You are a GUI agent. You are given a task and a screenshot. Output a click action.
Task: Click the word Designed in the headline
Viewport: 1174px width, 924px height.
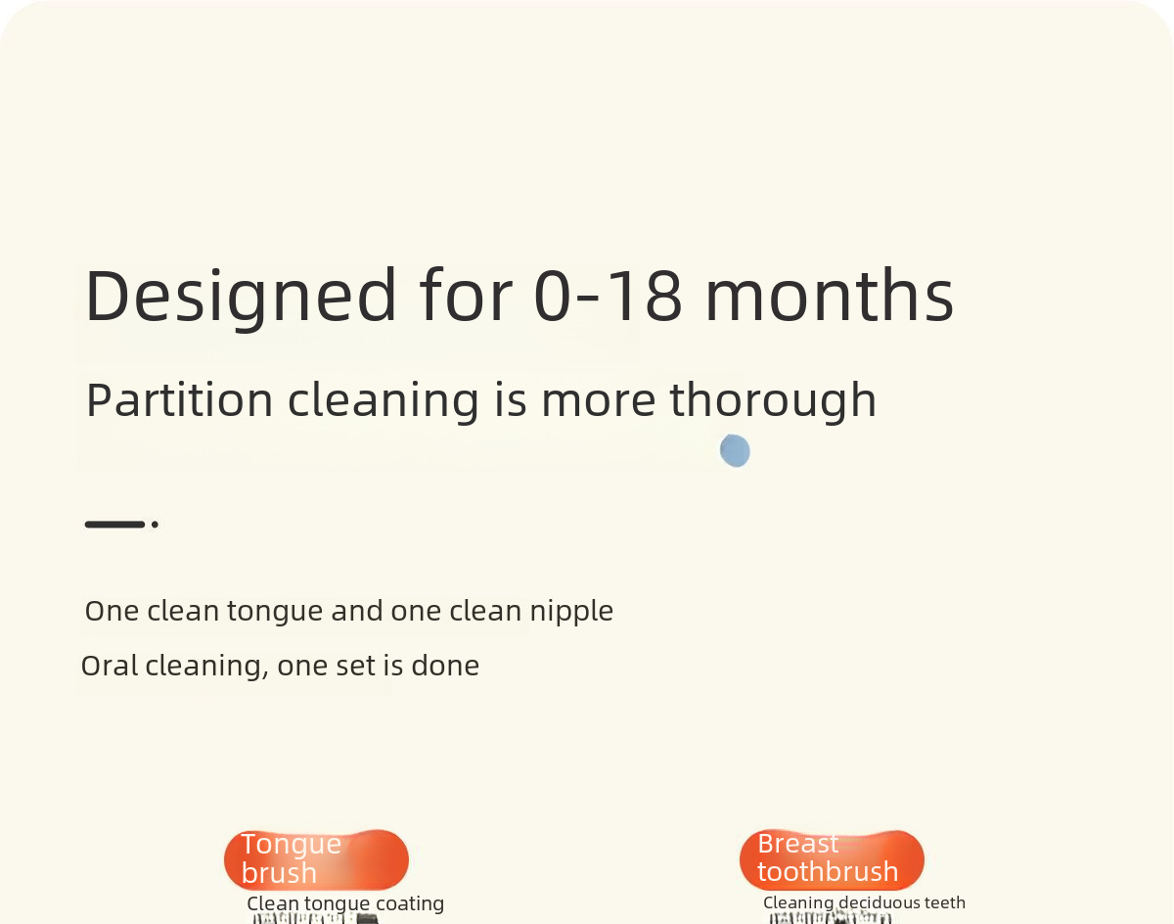241,297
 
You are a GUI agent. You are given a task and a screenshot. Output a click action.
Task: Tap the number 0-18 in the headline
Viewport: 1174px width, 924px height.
609,296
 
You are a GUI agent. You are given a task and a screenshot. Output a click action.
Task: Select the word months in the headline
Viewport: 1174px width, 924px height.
830,296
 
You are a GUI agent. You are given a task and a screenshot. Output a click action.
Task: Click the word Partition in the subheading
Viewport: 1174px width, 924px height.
179,400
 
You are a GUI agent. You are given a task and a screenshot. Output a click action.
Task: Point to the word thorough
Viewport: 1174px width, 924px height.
773,401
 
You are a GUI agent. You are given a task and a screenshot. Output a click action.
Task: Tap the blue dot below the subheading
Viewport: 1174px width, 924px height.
735,451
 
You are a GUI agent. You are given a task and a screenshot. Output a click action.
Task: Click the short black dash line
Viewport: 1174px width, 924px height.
115,524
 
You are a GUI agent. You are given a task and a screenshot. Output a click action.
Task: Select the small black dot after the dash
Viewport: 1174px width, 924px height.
155,525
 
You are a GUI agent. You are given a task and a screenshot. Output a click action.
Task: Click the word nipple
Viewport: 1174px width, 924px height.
571,612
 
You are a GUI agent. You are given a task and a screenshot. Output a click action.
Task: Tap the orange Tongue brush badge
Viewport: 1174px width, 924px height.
316,859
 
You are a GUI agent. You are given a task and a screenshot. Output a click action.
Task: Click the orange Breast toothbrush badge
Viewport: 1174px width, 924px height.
832,859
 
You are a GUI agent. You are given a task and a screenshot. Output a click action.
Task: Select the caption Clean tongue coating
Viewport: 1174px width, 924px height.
345,903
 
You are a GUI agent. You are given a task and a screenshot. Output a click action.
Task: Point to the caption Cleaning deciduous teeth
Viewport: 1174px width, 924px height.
864,902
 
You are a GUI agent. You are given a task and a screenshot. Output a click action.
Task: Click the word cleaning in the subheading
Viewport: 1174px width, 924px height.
383,401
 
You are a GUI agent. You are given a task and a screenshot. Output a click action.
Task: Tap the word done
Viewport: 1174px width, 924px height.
445,666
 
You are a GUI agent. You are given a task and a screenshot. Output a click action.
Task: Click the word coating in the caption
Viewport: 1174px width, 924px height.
410,904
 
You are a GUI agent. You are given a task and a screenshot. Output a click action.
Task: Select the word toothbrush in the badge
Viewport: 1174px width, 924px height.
828,871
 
